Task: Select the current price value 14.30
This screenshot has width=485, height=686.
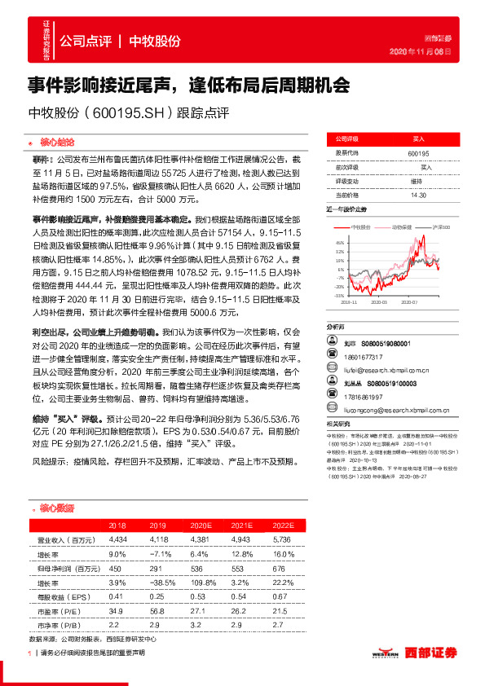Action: pos(419,196)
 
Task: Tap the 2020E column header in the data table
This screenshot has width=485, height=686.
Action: pos(199,526)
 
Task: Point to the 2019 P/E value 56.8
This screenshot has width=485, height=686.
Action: pos(158,609)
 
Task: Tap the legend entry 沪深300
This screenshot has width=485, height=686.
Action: pos(441,228)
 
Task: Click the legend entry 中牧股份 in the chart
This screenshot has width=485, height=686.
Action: pos(360,228)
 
